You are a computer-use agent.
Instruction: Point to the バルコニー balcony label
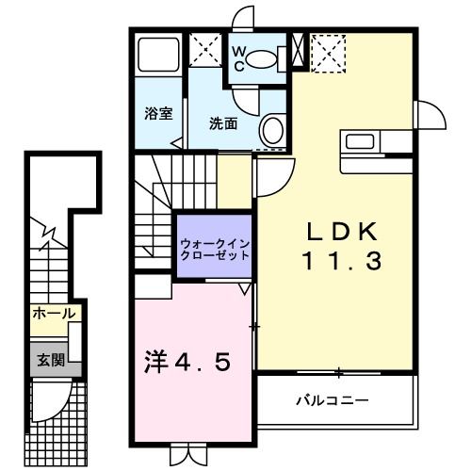(333, 399)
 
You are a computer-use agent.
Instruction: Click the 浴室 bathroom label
(158, 114)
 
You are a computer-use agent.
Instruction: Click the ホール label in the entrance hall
(53, 314)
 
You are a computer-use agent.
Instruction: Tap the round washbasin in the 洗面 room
(272, 130)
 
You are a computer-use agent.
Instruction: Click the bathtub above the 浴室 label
(159, 57)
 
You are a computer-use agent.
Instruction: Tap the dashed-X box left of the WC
(204, 49)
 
